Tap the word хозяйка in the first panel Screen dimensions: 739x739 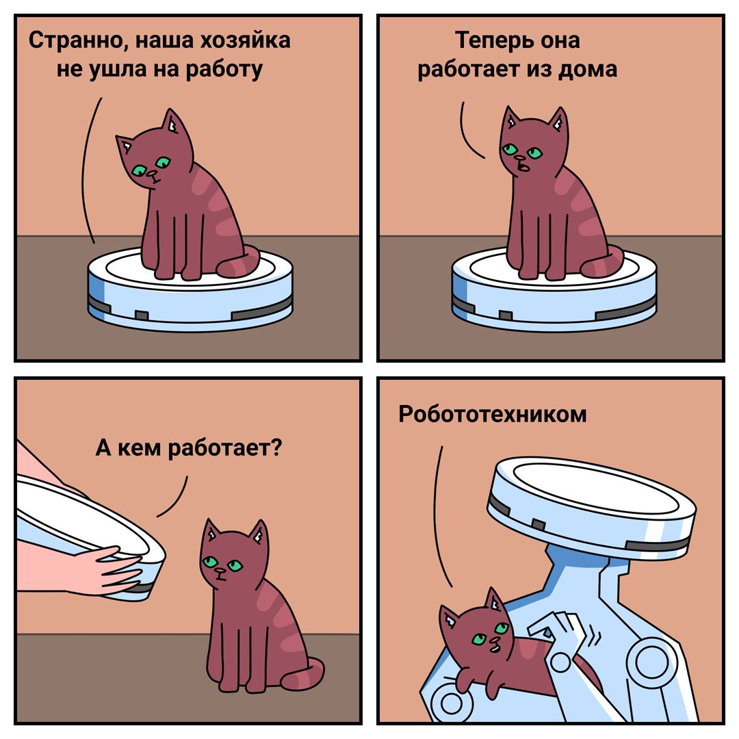tap(246, 40)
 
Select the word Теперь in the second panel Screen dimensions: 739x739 tap(493, 41)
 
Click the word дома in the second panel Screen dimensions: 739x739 tap(587, 69)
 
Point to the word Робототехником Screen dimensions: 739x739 tap(493, 414)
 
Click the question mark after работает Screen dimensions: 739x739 tap(276, 447)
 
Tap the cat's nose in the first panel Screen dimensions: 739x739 tap(152, 174)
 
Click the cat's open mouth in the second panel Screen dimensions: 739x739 tap(522, 167)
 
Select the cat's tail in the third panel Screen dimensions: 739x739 tap(302, 673)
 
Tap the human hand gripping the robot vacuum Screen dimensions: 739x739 tap(111, 570)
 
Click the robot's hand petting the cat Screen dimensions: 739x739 tap(561, 632)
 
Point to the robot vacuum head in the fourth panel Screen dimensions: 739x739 tap(592, 508)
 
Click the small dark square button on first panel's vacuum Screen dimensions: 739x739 tap(142, 315)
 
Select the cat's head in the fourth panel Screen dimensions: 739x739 tap(477, 626)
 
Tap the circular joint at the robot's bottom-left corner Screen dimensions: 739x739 tap(451, 703)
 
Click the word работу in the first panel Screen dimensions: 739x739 tap(224, 70)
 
